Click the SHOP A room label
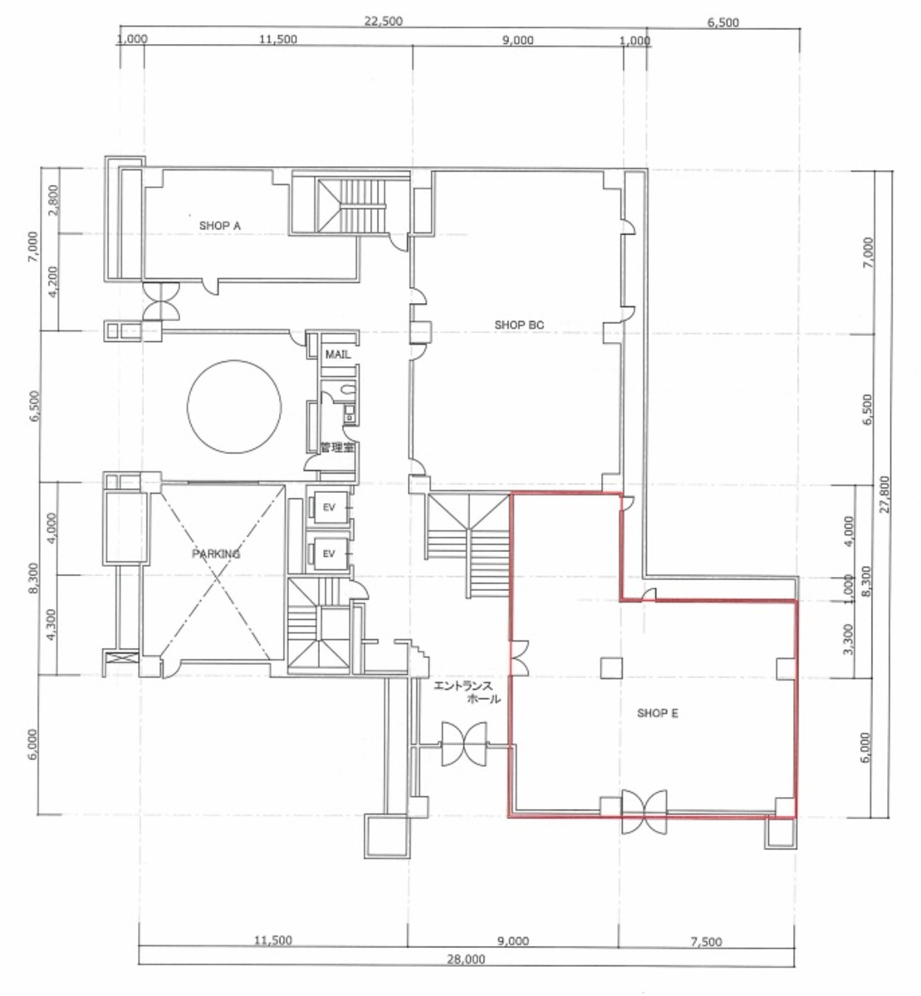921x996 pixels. pos(219,226)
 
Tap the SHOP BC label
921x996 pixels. pos(518,325)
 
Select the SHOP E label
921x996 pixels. pos(658,713)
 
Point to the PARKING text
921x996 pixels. pos(216,554)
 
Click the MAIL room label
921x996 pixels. pos(338,354)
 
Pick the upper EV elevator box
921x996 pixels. pos(329,507)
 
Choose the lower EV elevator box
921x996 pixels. pos(329,554)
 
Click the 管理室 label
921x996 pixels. pos(337,447)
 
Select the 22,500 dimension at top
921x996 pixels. pos(383,21)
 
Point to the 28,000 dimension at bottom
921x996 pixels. pos(466,959)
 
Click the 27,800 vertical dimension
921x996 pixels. pos(884,494)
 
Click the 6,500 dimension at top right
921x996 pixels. pos(723,22)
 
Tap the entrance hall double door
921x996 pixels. pos(463,745)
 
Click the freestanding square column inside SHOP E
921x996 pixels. pos(611,668)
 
